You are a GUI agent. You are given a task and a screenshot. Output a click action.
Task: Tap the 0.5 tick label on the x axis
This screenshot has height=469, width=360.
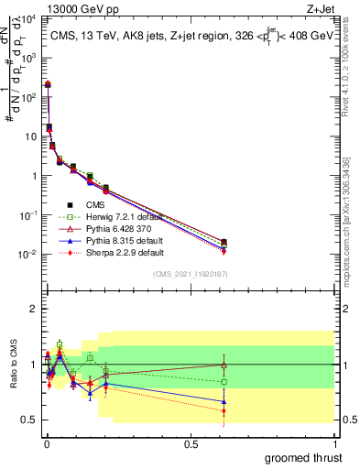pos(191,444)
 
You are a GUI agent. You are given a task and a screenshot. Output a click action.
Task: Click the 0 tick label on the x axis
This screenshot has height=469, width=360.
pos(45,444)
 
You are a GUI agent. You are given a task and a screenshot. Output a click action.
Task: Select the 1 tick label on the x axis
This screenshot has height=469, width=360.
pos(335,444)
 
